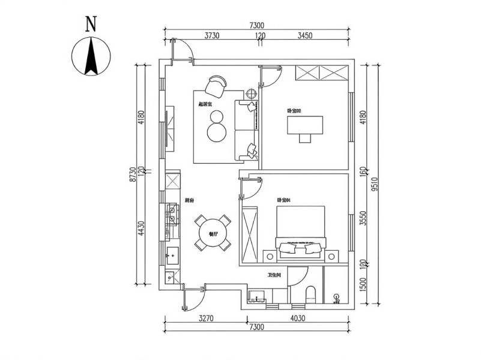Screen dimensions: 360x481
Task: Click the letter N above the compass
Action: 91,24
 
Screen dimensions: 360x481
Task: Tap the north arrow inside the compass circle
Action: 91,56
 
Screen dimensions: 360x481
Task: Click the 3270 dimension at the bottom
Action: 204,318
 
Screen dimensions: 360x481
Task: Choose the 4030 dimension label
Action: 298,318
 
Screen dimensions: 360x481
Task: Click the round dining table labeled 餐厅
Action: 213,233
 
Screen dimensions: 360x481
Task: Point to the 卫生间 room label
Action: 275,275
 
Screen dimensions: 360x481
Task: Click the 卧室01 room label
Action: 283,200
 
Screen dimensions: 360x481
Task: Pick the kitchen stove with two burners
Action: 172,214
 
